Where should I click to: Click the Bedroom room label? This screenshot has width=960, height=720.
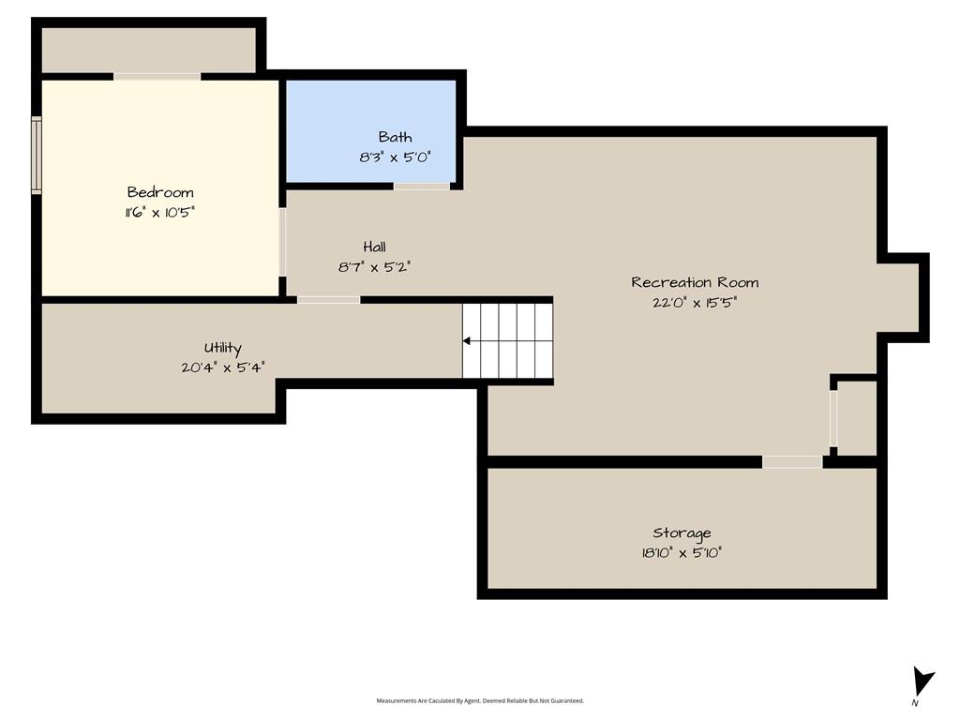(160, 192)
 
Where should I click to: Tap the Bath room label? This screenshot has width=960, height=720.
(395, 137)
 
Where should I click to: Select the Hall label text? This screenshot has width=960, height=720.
(375, 247)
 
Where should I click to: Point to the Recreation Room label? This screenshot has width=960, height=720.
(695, 282)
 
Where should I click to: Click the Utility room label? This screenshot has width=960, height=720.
(223, 349)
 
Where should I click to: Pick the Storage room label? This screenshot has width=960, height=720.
(682, 533)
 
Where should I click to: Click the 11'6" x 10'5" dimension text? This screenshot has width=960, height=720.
(159, 213)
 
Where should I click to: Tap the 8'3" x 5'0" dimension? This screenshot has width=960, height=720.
(395, 157)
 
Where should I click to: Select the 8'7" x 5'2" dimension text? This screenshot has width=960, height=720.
(374, 267)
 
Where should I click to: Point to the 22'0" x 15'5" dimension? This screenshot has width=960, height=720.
(695, 303)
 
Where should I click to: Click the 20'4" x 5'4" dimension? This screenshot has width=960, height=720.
(223, 367)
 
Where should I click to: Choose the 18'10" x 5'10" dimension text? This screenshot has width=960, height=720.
(682, 553)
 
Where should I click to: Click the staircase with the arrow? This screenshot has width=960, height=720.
(507, 341)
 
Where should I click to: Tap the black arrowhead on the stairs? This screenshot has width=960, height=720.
(467, 341)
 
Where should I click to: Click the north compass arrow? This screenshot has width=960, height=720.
(923, 682)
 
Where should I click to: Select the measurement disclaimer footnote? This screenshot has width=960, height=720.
(480, 701)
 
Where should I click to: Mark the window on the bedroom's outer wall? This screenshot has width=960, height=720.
(37, 156)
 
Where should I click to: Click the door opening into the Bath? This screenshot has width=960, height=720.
(422, 186)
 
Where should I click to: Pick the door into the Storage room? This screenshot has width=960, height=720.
(792, 462)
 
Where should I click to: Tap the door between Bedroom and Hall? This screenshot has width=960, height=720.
(283, 243)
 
